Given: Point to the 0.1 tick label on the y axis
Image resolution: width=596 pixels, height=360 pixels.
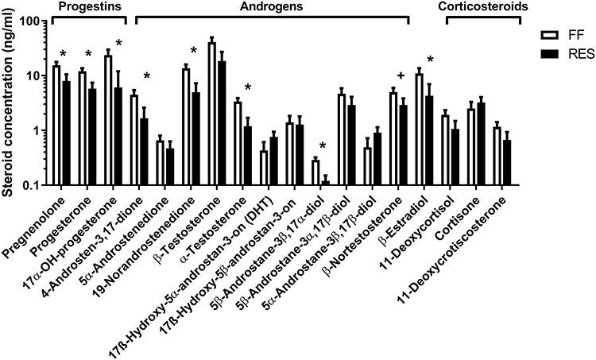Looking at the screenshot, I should click(32, 185).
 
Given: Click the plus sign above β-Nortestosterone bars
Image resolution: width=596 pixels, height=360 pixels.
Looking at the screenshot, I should click(401, 76).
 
